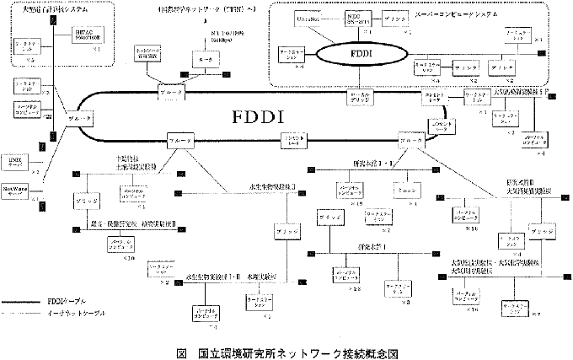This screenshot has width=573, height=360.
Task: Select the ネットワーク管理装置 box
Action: point(152,52)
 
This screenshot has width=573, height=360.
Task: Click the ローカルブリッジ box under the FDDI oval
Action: point(358,100)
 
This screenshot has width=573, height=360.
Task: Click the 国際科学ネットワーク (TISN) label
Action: point(207,10)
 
